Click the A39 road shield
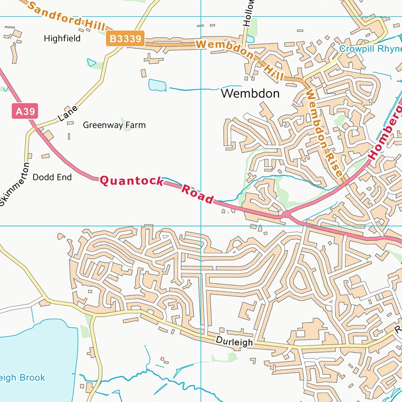pyautogui.click(x=22, y=111)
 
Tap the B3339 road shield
pyautogui.click(x=125, y=39)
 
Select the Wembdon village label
pyautogui.click(x=250, y=94)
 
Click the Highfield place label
pyautogui.click(x=62, y=39)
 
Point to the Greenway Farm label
pyautogui.click(x=114, y=126)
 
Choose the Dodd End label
pyautogui.click(x=52, y=177)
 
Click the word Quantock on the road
pyautogui.click(x=131, y=181)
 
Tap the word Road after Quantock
pyautogui.click(x=197, y=194)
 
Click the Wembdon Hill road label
pyautogui.click(x=241, y=58)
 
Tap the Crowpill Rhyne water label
pyautogui.click(x=370, y=49)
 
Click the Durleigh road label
pyautogui.click(x=234, y=342)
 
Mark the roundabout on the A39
pyautogui.click(x=286, y=214)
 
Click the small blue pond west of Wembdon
pyautogui.click(x=157, y=85)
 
